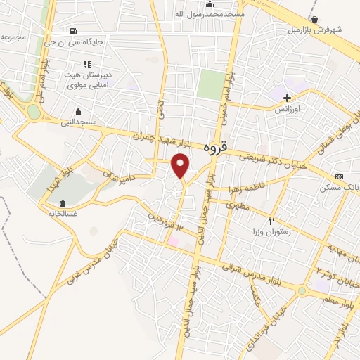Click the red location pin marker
[181, 165]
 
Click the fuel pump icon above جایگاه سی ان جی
[75, 31]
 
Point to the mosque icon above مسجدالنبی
[78, 111]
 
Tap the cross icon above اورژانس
[288, 98]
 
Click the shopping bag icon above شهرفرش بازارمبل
[314, 19]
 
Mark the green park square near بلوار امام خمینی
[209, 84]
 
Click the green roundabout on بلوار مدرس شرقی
[302, 290]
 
